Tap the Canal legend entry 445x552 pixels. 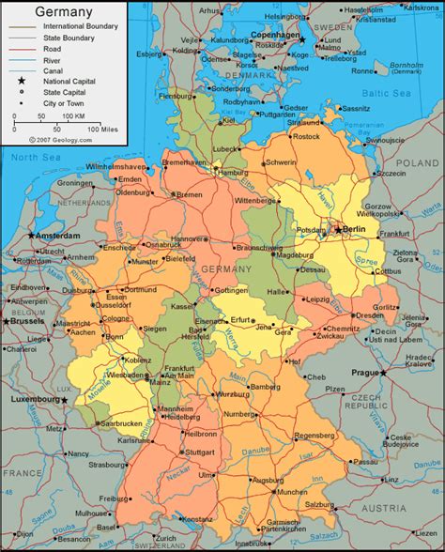coord(55,71)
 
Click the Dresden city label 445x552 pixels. coord(369,316)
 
